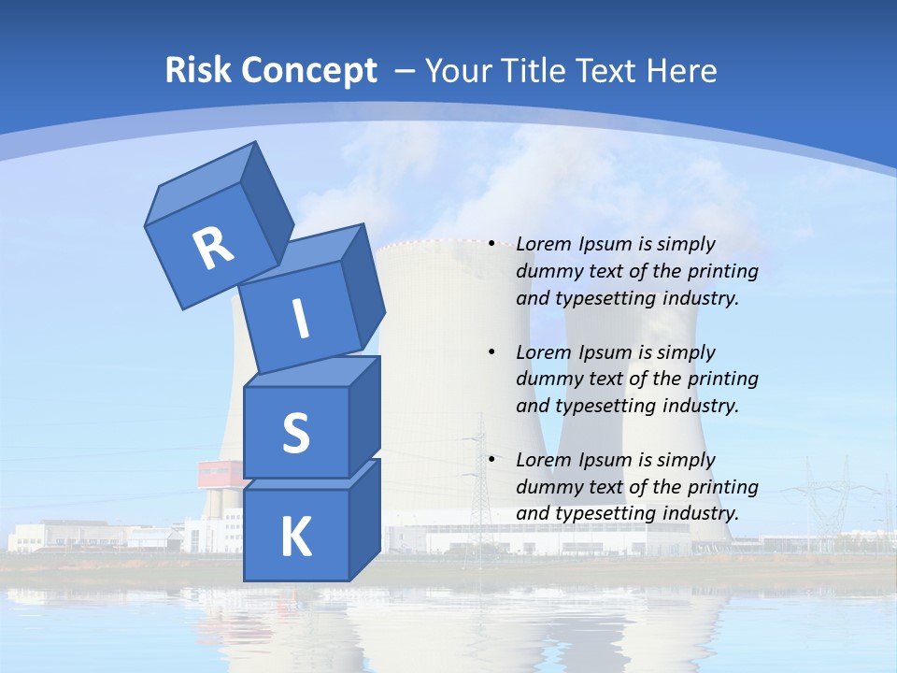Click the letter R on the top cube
click(x=213, y=248)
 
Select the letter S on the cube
click(x=295, y=433)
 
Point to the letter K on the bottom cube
click(x=295, y=537)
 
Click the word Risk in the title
click(x=198, y=70)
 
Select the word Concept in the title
click(x=308, y=70)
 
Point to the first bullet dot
click(x=492, y=244)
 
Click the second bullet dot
click(x=492, y=352)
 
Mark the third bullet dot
click(x=492, y=460)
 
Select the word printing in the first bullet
click(x=723, y=271)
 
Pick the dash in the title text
click(x=405, y=70)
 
